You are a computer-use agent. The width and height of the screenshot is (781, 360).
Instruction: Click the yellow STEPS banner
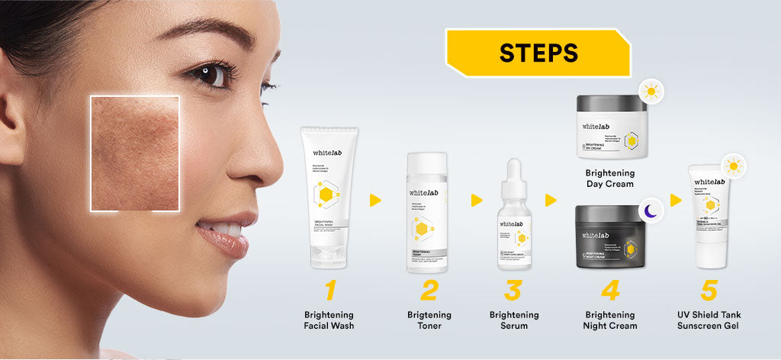point(538,53)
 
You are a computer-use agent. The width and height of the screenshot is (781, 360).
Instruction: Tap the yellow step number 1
point(329,291)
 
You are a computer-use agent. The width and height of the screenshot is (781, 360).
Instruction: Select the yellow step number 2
point(429,291)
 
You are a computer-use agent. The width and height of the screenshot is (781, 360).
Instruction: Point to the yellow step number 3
point(513,291)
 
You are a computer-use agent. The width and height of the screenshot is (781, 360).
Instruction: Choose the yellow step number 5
point(709,291)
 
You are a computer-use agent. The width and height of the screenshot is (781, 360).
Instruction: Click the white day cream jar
point(612,127)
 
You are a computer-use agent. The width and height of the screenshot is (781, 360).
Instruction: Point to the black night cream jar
point(612,236)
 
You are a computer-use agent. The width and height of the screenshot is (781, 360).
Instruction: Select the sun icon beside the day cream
point(650,92)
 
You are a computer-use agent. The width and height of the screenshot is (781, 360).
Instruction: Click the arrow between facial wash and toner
point(375,200)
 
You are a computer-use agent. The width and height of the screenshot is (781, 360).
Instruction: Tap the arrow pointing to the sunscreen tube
point(676,200)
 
